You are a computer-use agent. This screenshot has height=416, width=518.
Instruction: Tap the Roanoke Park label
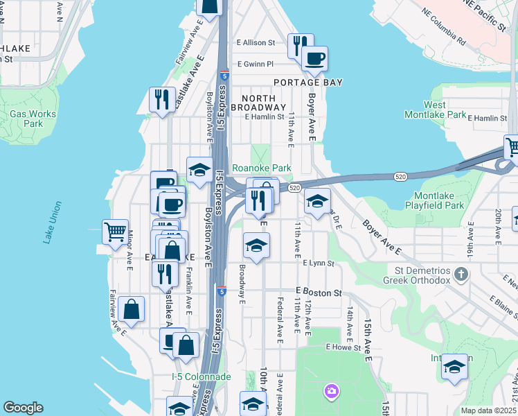point(261,168)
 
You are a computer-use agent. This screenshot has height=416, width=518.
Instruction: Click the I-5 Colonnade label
point(202,376)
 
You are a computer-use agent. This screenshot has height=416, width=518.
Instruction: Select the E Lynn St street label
point(319,263)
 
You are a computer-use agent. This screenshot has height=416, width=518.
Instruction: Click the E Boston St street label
point(319,293)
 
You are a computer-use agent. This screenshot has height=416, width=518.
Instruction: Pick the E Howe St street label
point(343,347)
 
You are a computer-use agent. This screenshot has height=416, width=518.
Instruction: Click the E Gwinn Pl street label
point(256,64)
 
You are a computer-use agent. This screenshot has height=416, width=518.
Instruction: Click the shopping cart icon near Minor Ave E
point(115,232)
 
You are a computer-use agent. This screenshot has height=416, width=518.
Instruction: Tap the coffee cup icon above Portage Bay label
point(314,59)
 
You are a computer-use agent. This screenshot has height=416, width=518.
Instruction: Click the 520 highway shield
point(295,188)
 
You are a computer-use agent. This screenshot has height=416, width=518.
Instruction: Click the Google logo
point(23,408)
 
